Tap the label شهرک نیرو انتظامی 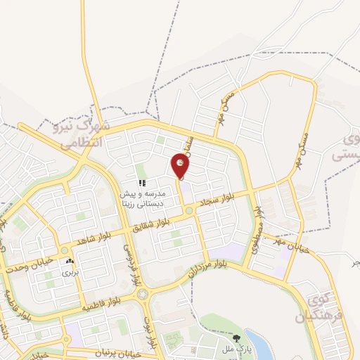click(82, 134)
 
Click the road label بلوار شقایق click(154, 222)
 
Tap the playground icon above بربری click(69, 261)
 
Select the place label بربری click(69, 271)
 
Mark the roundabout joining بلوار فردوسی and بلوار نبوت click(143, 293)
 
